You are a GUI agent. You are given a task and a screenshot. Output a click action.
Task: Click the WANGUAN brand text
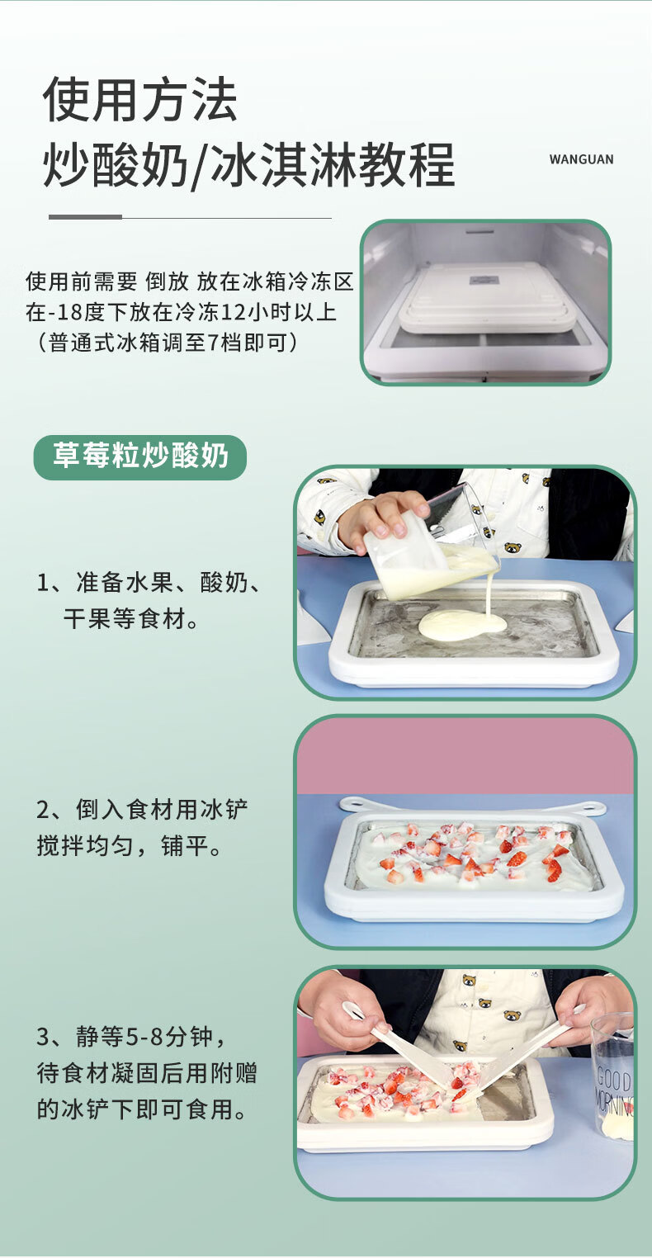pyautogui.click(x=581, y=159)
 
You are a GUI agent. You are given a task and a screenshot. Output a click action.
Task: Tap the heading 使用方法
pyautogui.click(x=139, y=99)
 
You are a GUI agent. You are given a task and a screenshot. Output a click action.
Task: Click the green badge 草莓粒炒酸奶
pyautogui.click(x=139, y=456)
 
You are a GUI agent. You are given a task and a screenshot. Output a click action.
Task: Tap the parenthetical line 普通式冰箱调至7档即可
pyautogui.click(x=168, y=342)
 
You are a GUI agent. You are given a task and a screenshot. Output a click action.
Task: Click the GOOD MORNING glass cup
pyautogui.click(x=613, y=1077)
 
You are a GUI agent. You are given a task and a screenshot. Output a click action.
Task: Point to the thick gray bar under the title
pyautogui.click(x=85, y=217)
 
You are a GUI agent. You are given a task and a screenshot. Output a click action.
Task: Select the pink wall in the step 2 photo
pyautogui.click(x=465, y=756)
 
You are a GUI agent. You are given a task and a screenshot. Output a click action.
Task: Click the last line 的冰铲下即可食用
pyautogui.click(x=141, y=1109)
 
